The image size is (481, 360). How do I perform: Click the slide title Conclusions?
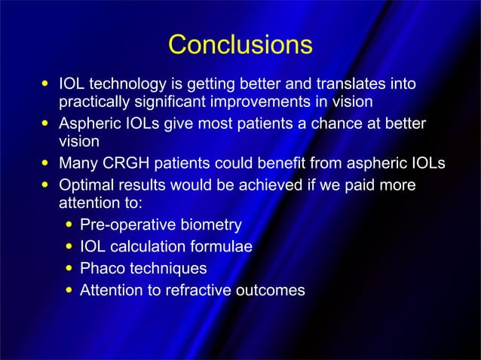240,44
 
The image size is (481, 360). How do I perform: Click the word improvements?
260,102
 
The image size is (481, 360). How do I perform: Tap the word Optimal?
86,185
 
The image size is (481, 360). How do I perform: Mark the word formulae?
220,246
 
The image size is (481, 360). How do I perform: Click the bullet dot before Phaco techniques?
70,268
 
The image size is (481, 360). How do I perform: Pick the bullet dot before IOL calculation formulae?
70,246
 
